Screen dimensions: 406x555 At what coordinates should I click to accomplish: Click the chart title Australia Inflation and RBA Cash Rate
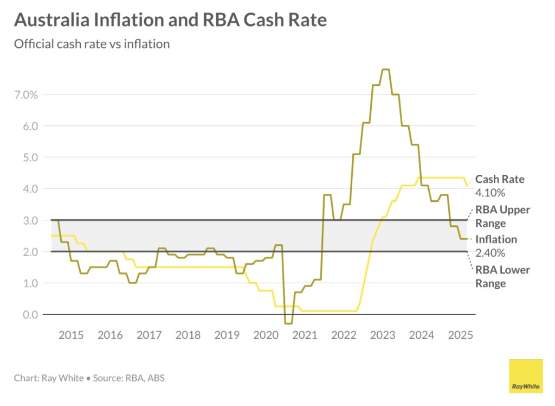(170, 20)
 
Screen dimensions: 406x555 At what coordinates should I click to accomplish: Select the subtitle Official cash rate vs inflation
(92, 44)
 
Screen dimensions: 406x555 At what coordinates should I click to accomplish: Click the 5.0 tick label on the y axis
(30, 157)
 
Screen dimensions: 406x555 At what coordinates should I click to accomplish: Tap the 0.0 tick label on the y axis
(30, 315)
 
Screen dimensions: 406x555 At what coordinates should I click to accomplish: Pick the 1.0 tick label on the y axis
(30, 283)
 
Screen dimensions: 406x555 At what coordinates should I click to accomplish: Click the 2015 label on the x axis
(71, 334)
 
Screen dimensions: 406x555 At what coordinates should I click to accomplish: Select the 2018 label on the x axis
(188, 334)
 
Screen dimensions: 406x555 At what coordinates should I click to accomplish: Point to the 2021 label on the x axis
(305, 334)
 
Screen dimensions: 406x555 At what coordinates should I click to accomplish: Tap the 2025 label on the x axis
(460, 334)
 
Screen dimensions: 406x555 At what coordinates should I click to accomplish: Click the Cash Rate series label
(500, 180)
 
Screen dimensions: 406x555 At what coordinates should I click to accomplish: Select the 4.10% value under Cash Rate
(490, 193)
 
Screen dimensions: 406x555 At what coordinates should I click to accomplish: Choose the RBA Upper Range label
(502, 216)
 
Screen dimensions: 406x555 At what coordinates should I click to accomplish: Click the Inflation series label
(496, 239)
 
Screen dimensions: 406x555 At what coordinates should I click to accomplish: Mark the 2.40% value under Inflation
(490, 252)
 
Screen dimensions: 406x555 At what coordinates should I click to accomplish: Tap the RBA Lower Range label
(502, 276)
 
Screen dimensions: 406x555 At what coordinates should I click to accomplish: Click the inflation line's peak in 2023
(386, 69)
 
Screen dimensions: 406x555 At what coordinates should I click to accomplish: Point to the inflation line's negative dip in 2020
(288, 323)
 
